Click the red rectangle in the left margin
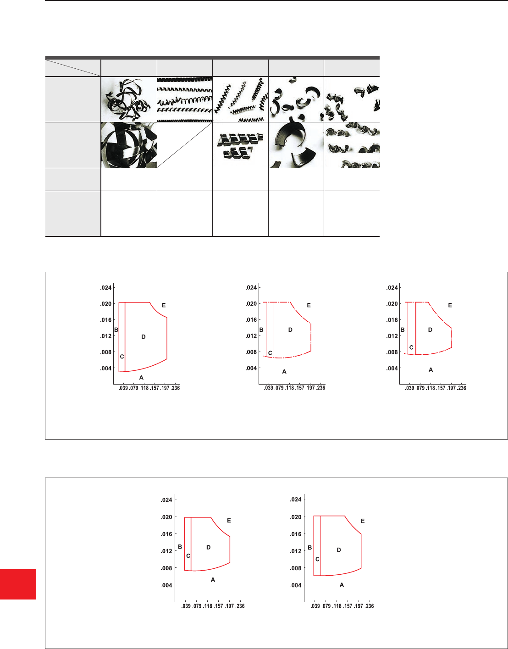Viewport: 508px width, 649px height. click(18, 584)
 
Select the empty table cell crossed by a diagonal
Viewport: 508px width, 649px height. click(185, 145)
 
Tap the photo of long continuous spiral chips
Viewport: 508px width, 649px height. click(185, 99)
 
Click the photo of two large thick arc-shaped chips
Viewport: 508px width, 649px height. click(296, 145)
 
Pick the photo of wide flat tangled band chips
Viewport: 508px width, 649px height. click(129, 145)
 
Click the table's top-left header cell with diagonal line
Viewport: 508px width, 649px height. click(73, 68)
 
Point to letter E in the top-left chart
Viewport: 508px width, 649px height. click(164, 305)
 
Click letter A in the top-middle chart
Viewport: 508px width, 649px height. click(284, 372)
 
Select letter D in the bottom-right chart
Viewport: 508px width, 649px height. click(339, 550)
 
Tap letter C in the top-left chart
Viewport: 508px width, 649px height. click(122, 357)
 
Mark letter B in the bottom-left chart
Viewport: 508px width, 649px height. click(180, 546)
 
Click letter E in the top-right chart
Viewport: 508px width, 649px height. click(450, 305)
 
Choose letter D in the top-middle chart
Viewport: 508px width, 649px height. click(290, 330)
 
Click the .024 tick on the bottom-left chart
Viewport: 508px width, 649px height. click(166, 500)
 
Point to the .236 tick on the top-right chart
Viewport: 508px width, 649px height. click(462, 388)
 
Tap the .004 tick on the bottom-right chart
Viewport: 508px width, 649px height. click(296, 585)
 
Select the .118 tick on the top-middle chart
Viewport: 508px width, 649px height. click(290, 388)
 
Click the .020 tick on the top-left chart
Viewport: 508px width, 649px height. click(106, 304)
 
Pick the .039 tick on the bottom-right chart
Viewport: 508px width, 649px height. click(315, 606)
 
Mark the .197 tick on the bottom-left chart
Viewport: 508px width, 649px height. click(229, 606)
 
